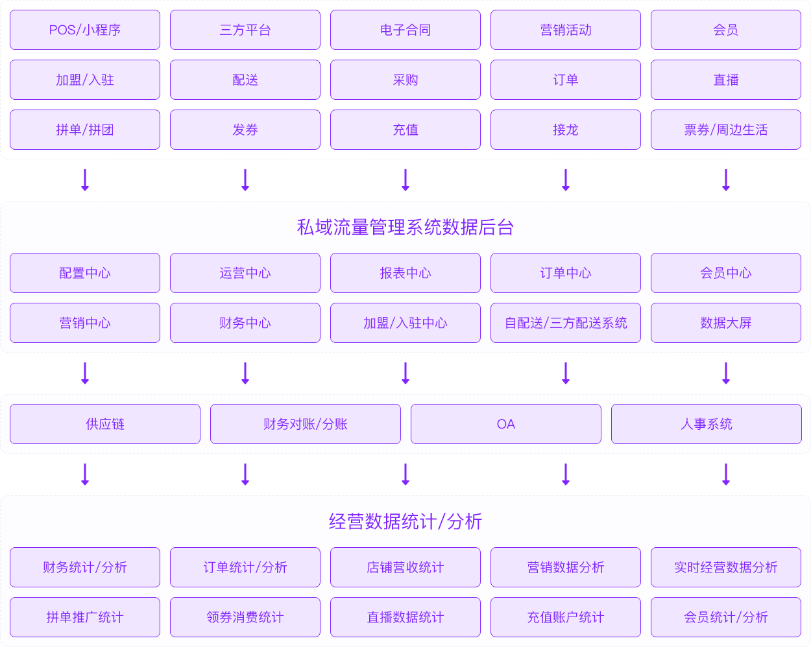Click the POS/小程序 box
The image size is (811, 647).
tap(85, 30)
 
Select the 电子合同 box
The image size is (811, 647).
tap(405, 30)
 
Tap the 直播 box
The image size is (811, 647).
tap(726, 80)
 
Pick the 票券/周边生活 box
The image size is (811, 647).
tap(726, 130)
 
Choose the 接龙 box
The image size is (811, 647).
tap(566, 130)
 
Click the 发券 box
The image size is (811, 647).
tap(245, 130)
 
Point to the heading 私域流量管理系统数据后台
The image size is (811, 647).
tap(405, 228)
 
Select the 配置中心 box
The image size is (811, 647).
tap(85, 273)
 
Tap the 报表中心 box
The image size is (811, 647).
tap(405, 273)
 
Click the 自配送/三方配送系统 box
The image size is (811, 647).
tap(566, 323)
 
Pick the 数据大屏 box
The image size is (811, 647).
tap(726, 323)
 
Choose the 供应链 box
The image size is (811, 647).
tap(105, 424)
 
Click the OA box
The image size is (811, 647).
tap(506, 424)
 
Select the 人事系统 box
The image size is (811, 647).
tap(707, 424)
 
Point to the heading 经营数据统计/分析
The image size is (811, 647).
tap(405, 522)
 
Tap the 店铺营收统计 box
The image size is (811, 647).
tap(405, 567)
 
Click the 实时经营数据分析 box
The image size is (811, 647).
tap(726, 567)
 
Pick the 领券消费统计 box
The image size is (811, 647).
tap(245, 617)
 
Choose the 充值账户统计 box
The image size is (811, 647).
tap(566, 617)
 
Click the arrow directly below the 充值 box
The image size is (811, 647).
tap(405, 180)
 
